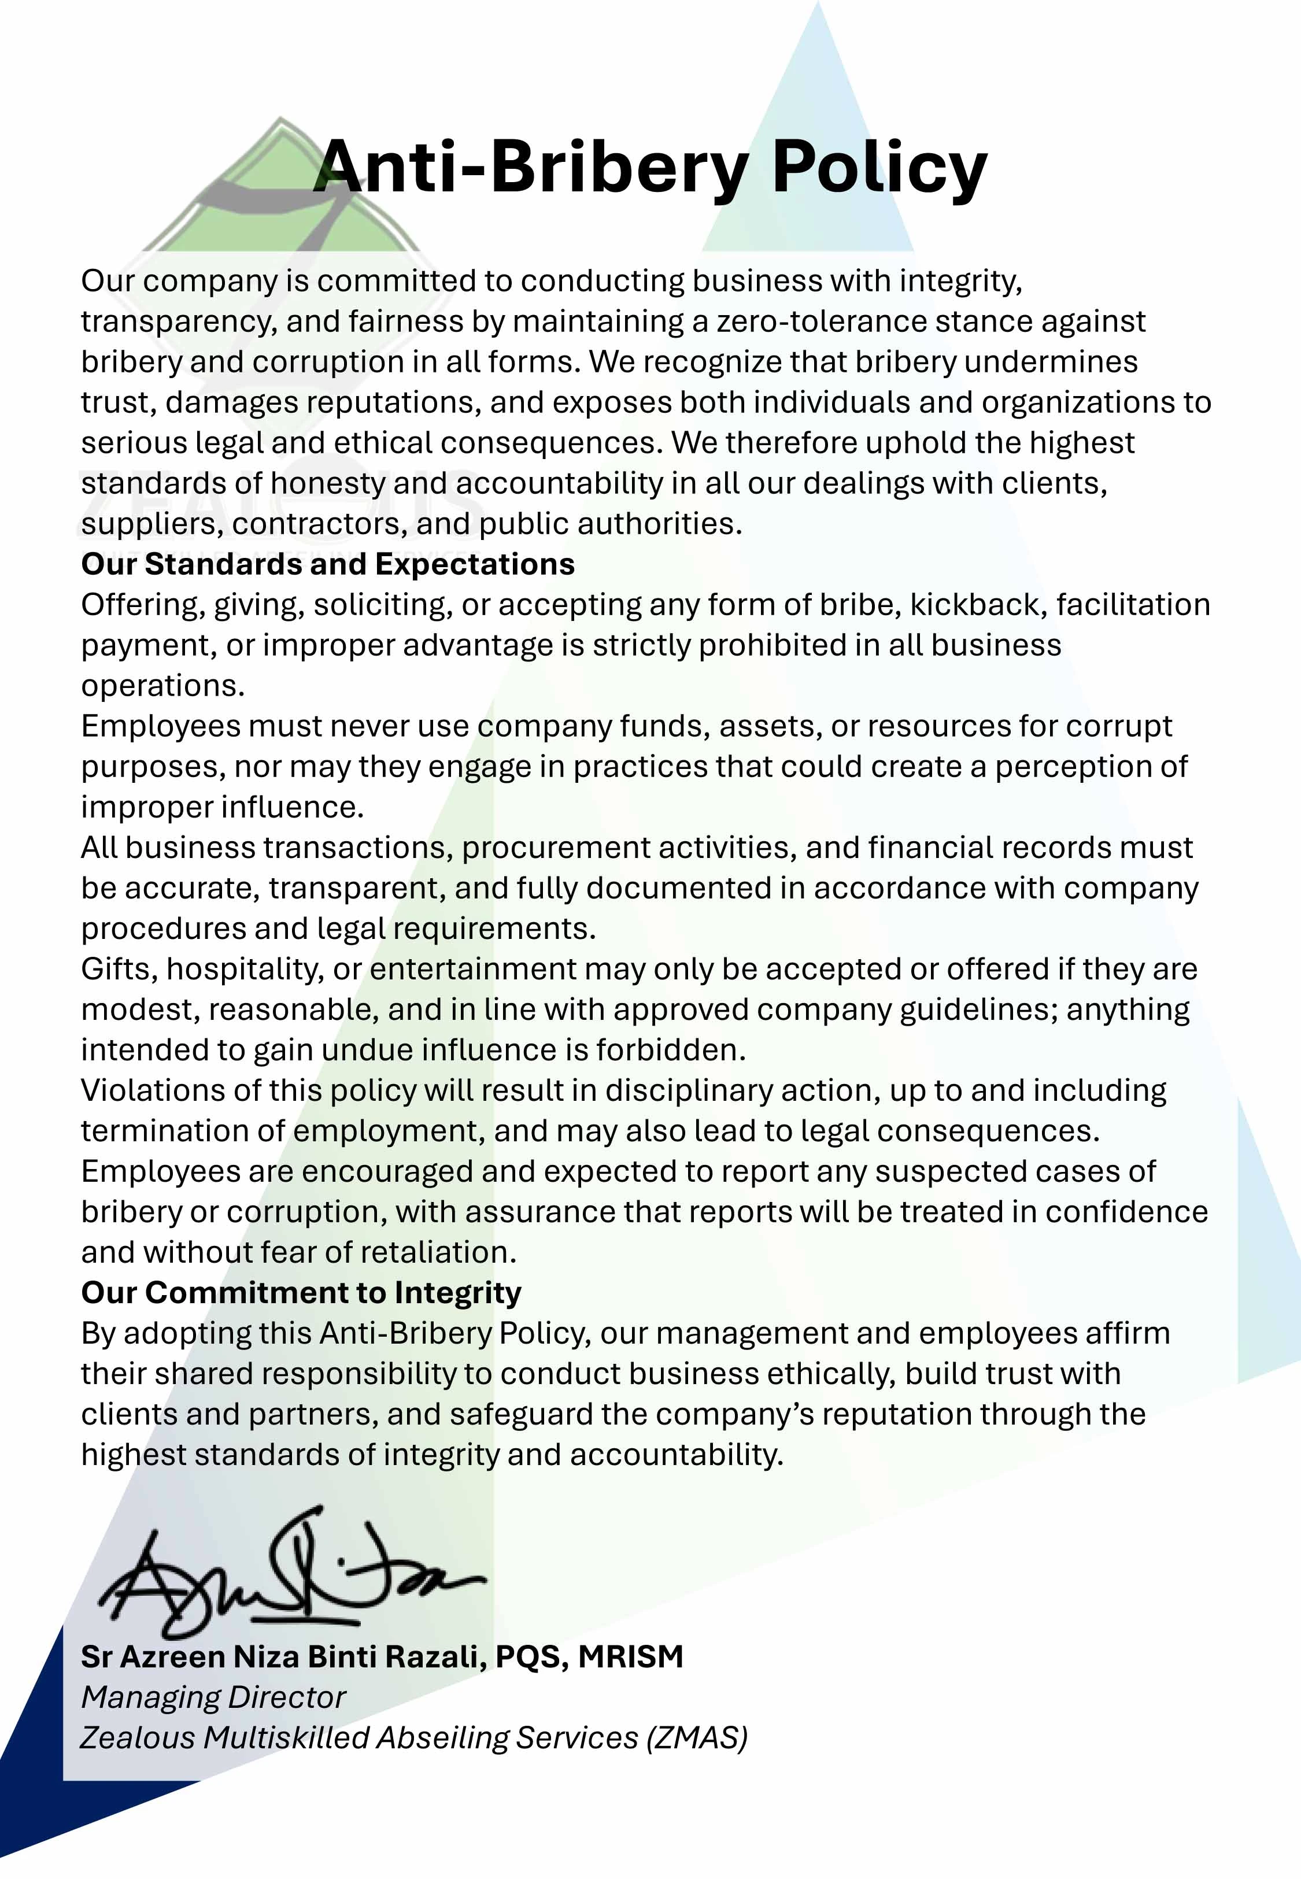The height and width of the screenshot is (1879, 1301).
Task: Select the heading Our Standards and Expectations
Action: pyautogui.click(x=328, y=564)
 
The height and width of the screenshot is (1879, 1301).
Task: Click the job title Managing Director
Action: pyautogui.click(x=213, y=1697)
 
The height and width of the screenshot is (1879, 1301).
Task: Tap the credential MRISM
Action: pyautogui.click(x=630, y=1656)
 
